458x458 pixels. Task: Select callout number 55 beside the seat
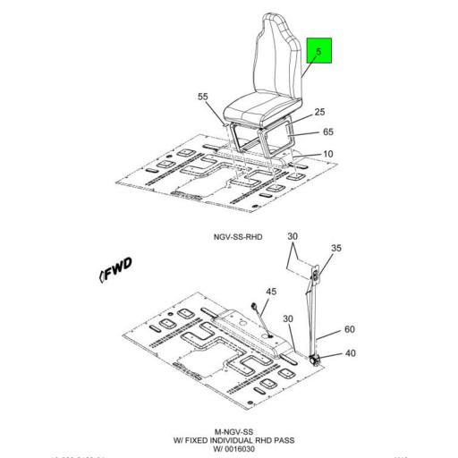[202, 96]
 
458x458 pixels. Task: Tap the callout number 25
[318, 114]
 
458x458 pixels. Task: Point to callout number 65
[327, 131]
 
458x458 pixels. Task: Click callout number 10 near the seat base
[327, 154]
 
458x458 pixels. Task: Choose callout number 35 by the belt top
[335, 248]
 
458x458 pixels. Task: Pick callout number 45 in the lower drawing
[271, 291]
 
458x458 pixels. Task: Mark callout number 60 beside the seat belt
[350, 330]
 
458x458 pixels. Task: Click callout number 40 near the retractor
[350, 353]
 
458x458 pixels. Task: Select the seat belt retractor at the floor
[316, 357]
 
